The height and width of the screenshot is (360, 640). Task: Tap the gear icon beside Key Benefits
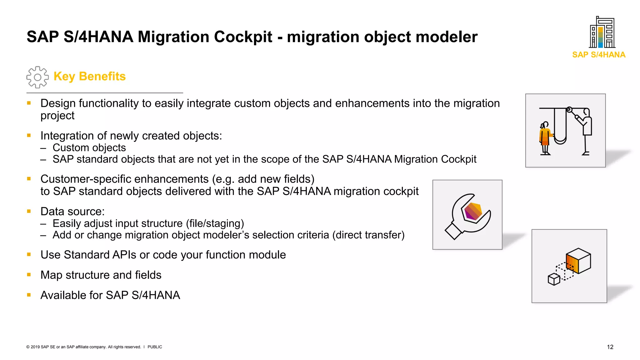(37, 77)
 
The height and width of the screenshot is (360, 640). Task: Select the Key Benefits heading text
(89, 76)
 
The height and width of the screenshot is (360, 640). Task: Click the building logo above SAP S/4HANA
(602, 32)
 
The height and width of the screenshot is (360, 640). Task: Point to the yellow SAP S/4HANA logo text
(599, 55)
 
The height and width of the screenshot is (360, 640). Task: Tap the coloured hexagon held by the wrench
(473, 211)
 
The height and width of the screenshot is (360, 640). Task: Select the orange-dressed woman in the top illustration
(545, 137)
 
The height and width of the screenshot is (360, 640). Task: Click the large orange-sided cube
(578, 261)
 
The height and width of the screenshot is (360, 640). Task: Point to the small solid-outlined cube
(554, 279)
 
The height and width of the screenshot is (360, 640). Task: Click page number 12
(610, 347)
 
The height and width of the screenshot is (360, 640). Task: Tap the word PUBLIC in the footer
(155, 347)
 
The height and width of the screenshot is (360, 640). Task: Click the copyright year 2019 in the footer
(35, 347)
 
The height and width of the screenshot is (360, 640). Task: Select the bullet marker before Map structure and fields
(29, 275)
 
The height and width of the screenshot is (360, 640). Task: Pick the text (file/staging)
(215, 223)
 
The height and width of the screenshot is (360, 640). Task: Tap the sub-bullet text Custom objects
(89, 147)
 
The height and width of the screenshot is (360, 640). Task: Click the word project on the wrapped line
(57, 116)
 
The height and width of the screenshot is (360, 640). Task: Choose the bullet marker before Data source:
(29, 211)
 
